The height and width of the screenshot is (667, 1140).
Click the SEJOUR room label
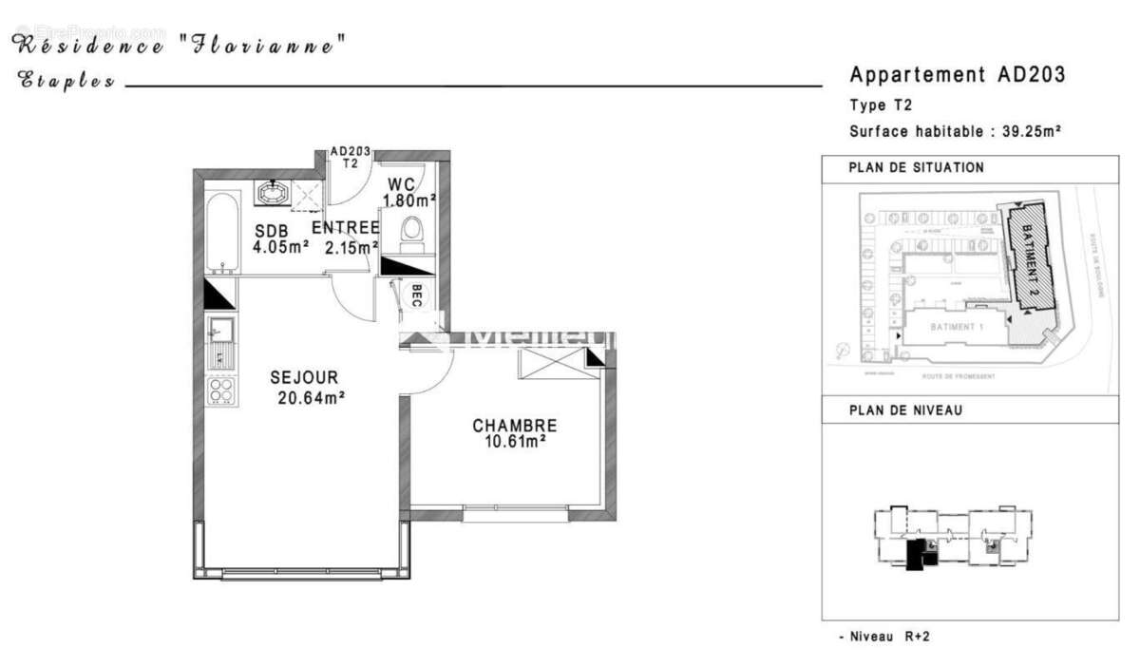coord(303,378)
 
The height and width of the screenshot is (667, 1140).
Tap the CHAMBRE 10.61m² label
coord(514,426)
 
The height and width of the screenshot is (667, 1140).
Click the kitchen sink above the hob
coord(220,330)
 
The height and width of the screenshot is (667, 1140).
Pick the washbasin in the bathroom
coord(275,193)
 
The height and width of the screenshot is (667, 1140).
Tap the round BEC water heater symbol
coord(415,296)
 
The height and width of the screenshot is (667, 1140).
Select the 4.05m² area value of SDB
coord(280,247)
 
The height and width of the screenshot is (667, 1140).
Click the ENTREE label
coord(346,228)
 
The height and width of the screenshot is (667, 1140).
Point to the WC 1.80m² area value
coord(409,200)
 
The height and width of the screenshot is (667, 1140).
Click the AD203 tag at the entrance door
coord(350,152)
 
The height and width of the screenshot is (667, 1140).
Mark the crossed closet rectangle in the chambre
coord(553,364)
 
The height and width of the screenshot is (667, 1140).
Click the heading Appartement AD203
coord(957,75)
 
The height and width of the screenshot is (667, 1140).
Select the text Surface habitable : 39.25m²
coord(955,132)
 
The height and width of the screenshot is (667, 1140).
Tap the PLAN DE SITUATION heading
coord(916,167)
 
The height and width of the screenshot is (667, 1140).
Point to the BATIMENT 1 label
coord(958,327)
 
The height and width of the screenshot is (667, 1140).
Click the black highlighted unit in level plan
coord(917,554)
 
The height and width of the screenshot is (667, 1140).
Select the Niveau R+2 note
coord(884,636)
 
